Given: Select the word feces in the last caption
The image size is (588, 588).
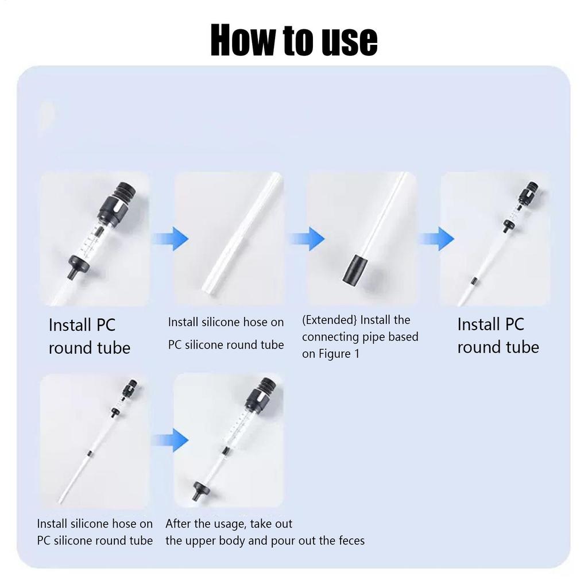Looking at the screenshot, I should [346, 540].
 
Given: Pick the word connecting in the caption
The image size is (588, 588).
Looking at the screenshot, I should [332, 336].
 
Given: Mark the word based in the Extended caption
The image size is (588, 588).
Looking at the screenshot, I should [403, 336].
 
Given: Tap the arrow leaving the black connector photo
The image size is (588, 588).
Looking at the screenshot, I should [439, 238].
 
